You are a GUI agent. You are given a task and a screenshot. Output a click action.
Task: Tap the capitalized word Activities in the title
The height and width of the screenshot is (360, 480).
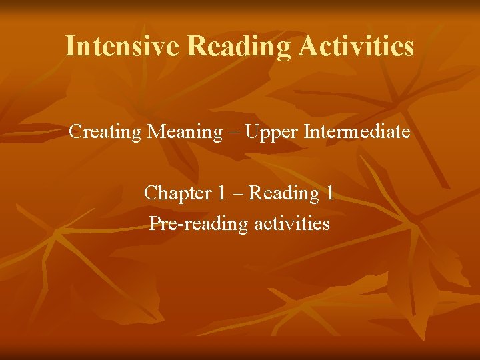pyautogui.click(x=357, y=46)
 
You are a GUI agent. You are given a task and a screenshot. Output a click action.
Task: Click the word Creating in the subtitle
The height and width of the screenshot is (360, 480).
pyautogui.click(x=105, y=132)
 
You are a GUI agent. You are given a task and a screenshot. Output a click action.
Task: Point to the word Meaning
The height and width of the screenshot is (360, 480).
pyautogui.click(x=184, y=132)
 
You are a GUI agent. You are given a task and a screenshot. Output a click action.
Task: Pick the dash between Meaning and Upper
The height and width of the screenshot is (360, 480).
pyautogui.click(x=233, y=133)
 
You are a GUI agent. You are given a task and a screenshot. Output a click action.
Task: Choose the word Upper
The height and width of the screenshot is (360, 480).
pyautogui.click(x=271, y=133)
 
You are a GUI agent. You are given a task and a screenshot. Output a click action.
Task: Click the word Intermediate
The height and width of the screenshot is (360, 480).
pyautogui.click(x=357, y=132)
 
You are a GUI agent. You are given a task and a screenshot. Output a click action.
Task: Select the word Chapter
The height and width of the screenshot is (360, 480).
pyautogui.click(x=177, y=193)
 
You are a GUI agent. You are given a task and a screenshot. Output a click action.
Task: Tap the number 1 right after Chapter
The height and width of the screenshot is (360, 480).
pyautogui.click(x=221, y=193)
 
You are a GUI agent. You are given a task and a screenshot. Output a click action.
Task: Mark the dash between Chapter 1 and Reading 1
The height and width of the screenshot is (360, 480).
pyautogui.click(x=238, y=194)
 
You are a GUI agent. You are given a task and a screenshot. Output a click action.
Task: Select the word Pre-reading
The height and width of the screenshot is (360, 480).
pyautogui.click(x=198, y=223)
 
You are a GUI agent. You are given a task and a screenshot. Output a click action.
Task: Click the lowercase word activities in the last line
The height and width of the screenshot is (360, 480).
pyautogui.click(x=292, y=223)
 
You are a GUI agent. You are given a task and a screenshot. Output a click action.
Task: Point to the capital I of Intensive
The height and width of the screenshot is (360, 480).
pyautogui.click(x=71, y=46)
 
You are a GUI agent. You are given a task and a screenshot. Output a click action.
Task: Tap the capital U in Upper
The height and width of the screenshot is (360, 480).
pyautogui.click(x=251, y=132)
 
